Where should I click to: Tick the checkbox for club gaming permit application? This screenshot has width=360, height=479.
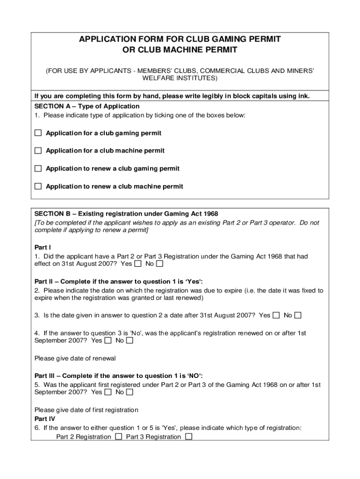(x=38, y=133)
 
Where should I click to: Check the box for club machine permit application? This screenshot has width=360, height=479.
(x=38, y=151)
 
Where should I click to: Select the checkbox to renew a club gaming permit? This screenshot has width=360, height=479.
(x=38, y=168)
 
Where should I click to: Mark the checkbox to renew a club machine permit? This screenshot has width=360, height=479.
(x=38, y=186)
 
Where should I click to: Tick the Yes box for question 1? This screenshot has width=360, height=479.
(x=138, y=264)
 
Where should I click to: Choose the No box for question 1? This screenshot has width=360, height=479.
(x=160, y=264)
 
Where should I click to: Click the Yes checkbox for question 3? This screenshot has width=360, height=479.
(x=276, y=315)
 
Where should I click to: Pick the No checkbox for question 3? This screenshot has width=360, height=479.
(x=298, y=315)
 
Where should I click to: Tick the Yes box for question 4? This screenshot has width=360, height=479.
(x=108, y=341)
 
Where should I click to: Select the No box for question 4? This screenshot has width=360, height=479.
(x=130, y=341)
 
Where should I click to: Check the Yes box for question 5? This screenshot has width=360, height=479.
(x=108, y=392)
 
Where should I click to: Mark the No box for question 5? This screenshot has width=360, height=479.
(x=130, y=392)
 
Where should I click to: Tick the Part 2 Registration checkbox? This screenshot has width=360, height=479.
(x=119, y=437)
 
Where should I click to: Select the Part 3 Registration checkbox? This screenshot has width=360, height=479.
(x=189, y=437)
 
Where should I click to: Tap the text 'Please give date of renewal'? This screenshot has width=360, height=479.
(x=75, y=358)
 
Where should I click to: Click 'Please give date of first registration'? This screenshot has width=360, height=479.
(x=86, y=410)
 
